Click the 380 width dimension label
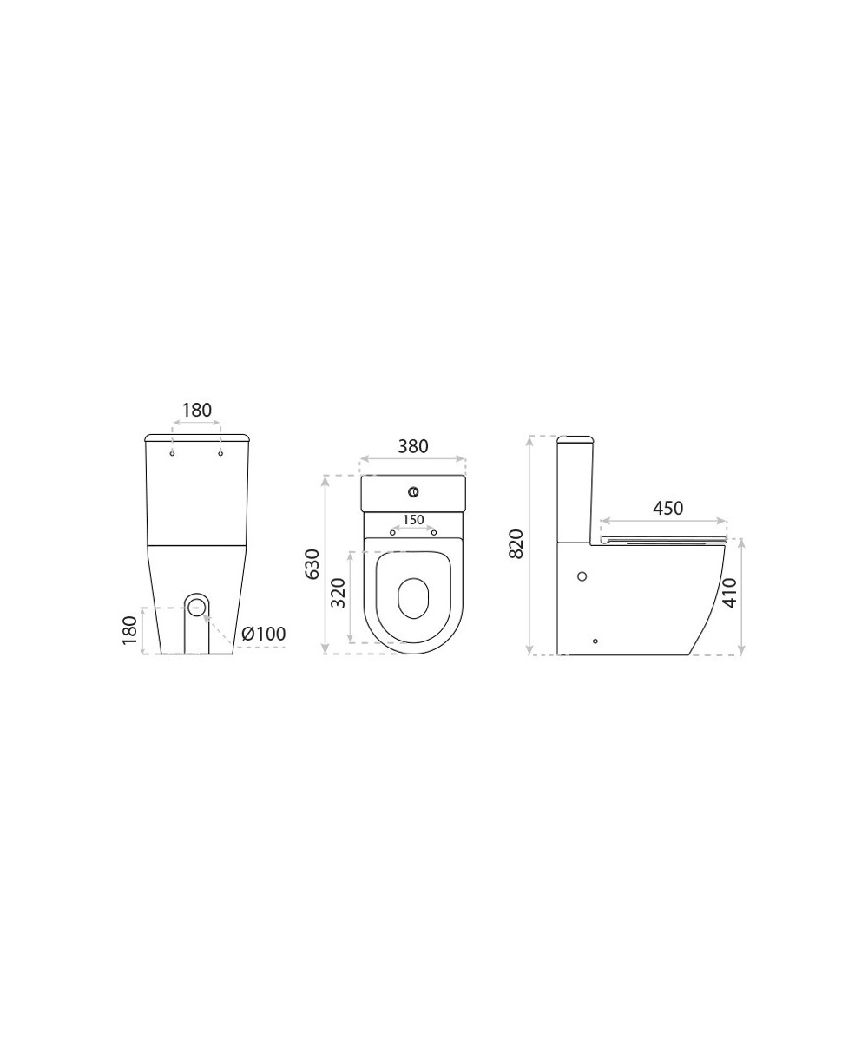(413, 446)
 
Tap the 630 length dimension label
(312, 564)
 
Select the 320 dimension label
(339, 593)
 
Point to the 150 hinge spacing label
(413, 520)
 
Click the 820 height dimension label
(516, 544)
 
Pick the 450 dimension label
(667, 508)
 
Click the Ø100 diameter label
(264, 634)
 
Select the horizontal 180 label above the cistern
(197, 411)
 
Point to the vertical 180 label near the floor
(129, 630)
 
